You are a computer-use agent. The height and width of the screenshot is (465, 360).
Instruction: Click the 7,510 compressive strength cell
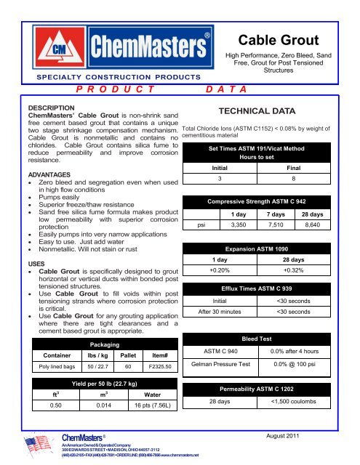point(275,225)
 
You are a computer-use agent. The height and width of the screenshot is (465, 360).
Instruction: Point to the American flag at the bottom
point(28,448)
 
